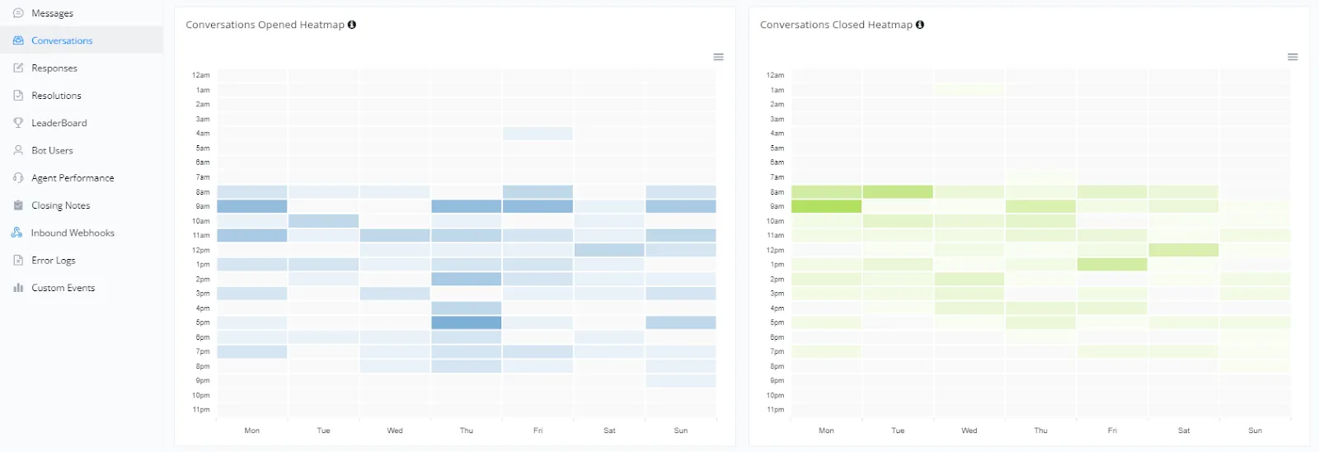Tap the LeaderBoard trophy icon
pyautogui.click(x=18, y=123)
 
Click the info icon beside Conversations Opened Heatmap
pyautogui.click(x=351, y=25)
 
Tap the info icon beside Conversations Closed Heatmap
pyautogui.click(x=920, y=25)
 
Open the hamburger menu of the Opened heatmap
pyautogui.click(x=718, y=57)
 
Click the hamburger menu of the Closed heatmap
pyautogui.click(x=1293, y=57)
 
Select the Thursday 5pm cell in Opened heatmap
pyautogui.click(x=467, y=323)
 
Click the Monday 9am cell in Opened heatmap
pyautogui.click(x=252, y=206)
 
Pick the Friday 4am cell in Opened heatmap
pyautogui.click(x=537, y=133)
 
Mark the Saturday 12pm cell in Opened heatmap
pyautogui.click(x=609, y=250)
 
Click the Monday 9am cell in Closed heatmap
pyautogui.click(x=826, y=206)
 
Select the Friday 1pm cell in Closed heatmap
pyautogui.click(x=1112, y=265)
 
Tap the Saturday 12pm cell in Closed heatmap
pyautogui.click(x=1184, y=250)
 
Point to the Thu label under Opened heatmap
pyautogui.click(x=467, y=431)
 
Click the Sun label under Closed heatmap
pyautogui.click(x=1255, y=431)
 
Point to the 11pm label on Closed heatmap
pyautogui.click(x=776, y=410)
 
